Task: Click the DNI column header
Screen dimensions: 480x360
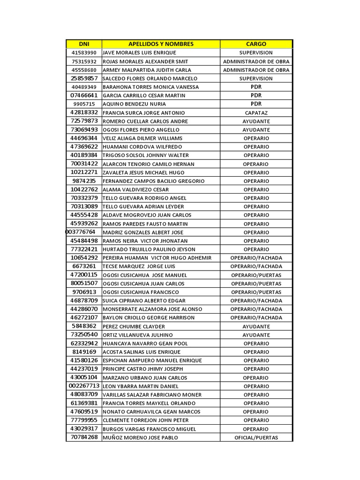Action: click(84, 44)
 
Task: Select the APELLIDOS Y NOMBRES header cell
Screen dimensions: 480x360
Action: click(161, 44)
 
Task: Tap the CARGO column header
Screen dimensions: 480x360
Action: click(256, 44)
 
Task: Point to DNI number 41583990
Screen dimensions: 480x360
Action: click(84, 53)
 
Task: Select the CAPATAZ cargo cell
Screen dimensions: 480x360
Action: click(256, 112)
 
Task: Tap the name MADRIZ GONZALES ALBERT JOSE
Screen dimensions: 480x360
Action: click(142, 232)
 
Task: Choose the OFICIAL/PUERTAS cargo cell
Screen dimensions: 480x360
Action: click(256, 438)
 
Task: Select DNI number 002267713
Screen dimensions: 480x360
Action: click(84, 386)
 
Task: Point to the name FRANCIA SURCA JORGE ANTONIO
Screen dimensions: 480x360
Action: click(143, 113)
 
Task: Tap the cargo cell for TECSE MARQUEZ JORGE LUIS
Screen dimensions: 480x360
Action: click(256, 266)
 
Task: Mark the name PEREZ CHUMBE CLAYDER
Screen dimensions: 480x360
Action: click(134, 326)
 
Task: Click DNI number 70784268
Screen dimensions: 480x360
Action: click(84, 437)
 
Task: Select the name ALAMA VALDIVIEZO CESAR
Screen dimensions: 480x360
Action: click(137, 190)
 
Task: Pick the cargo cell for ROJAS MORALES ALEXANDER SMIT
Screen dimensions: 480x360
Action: click(256, 61)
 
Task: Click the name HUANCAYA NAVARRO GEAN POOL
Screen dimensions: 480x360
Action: click(145, 344)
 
